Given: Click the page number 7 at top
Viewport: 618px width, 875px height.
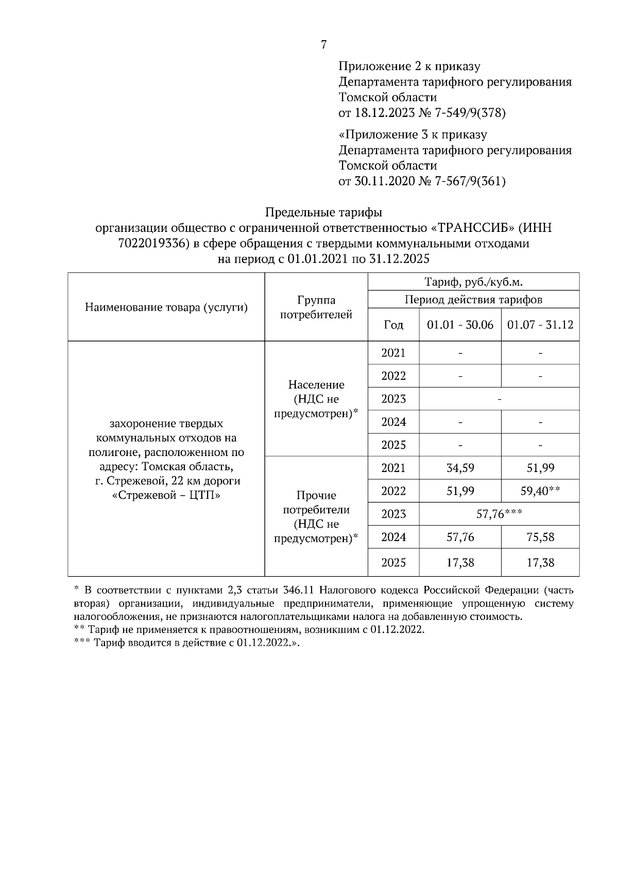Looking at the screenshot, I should coord(323,45).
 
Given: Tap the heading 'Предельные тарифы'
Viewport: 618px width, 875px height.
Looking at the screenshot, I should coord(323,212).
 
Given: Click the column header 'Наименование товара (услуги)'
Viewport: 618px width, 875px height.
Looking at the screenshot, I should coord(166,308).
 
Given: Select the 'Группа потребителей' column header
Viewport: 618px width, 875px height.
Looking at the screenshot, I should coord(316,307).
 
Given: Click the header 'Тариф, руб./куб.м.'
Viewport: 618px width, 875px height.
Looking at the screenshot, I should coord(473,282).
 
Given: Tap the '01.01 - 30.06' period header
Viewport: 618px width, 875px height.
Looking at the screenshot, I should coord(460,325).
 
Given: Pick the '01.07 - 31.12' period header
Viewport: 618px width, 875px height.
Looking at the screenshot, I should coord(540,325).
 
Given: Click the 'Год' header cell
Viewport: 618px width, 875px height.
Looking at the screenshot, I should coord(393,325).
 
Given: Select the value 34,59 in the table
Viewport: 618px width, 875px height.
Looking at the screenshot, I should coord(460,468).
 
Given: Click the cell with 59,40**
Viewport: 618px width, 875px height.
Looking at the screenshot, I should coord(540,491).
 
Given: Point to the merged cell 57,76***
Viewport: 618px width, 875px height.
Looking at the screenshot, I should coord(499,514).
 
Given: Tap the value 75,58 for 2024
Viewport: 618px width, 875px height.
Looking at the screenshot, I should coord(540,537).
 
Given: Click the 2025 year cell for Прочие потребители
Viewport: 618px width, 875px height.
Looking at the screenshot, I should coord(393,563).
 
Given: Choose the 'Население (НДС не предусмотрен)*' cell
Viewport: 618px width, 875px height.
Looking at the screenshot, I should coord(316,399).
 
